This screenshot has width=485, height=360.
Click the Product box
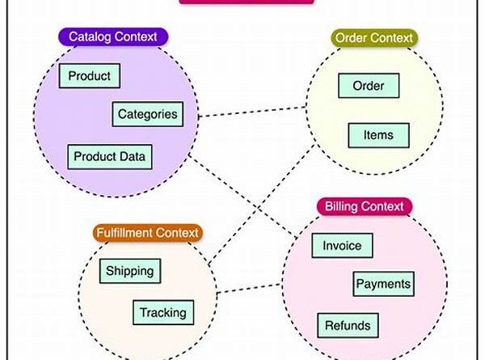[x=90, y=76]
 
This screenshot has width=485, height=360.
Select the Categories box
[x=147, y=114]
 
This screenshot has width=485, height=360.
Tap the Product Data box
[x=111, y=156]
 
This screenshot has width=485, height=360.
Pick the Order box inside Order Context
[x=368, y=85]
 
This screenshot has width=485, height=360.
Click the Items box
[x=378, y=135]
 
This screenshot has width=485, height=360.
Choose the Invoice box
[x=342, y=245]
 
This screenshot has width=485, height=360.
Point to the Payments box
[x=383, y=284]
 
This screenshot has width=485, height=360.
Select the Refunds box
[x=348, y=326]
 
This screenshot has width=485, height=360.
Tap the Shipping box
[x=129, y=271]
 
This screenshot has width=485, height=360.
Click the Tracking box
[x=162, y=311]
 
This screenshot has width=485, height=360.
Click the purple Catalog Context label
[x=112, y=36]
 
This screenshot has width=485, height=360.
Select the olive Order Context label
[x=373, y=37]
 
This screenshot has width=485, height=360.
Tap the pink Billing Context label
[x=364, y=206]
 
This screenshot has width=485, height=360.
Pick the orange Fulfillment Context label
[x=147, y=233]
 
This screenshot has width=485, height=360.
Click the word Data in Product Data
[x=133, y=156]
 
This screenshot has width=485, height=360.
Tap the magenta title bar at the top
[x=246, y=2]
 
